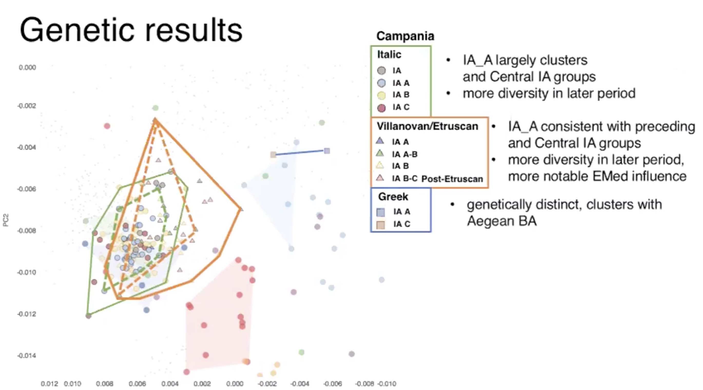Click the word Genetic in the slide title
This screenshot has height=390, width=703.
[x=77, y=30]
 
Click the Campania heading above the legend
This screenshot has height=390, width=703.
[x=405, y=36]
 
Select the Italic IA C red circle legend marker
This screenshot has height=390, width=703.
[x=381, y=108]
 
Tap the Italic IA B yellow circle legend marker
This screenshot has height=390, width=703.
[x=381, y=95]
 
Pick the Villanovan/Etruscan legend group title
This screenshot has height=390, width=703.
[x=427, y=126]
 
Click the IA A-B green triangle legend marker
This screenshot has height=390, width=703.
[x=380, y=154]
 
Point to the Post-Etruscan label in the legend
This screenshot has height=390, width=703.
[x=452, y=179]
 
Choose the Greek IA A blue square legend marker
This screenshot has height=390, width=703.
[x=380, y=212]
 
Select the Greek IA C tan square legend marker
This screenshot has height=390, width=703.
[x=380, y=225]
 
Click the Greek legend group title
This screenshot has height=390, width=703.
[x=393, y=196]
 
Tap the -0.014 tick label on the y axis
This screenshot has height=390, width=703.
[x=27, y=356]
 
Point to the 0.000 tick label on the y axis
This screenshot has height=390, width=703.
[x=27, y=68]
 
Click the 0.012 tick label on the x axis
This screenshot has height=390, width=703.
[x=49, y=384]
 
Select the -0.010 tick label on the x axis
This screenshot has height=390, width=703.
[x=387, y=384]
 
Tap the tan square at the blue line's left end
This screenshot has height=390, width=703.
[x=273, y=155]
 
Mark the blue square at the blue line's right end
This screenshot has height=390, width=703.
[x=327, y=151]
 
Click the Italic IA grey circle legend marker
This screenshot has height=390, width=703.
[x=381, y=71]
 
